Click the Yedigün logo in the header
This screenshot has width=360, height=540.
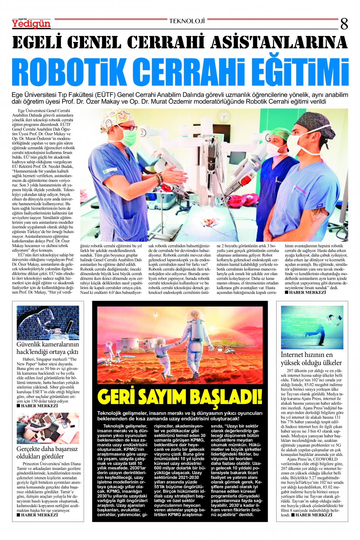pos(31,23)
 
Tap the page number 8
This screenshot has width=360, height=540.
pos(344,24)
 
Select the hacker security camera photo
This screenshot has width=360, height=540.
pos(48,322)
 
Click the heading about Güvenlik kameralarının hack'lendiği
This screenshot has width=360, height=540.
pos(48,348)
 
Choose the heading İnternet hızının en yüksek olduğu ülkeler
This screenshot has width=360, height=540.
pos(311,358)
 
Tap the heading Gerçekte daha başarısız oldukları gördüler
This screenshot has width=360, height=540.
pos(47,452)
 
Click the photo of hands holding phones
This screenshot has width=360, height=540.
pos(48,428)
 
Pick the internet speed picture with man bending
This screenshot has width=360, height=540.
pos(312,327)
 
